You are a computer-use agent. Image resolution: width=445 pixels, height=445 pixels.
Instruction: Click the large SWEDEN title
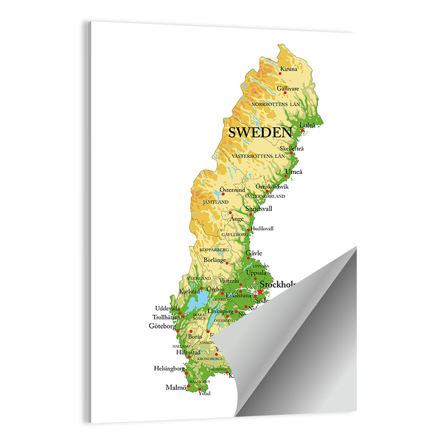[x=260, y=132]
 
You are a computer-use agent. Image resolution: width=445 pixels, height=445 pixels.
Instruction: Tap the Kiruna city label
[x=288, y=69]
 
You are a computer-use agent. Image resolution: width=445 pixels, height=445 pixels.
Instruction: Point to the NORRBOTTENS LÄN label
[x=276, y=104]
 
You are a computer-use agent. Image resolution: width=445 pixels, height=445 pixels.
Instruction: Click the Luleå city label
[x=307, y=125]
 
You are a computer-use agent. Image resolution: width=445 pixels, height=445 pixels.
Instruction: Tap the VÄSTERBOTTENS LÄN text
[x=258, y=156]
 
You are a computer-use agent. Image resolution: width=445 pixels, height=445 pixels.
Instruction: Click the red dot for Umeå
[x=286, y=176]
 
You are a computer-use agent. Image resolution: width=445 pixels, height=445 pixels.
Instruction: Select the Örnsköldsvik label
[x=272, y=186]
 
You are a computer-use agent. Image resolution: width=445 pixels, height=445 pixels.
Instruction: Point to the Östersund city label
[x=232, y=190]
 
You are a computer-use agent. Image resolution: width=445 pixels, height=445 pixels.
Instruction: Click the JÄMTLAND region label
[x=215, y=202]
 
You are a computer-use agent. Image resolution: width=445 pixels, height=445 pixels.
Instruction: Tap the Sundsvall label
[x=259, y=208]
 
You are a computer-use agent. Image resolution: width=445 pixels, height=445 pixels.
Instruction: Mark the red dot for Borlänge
[x=227, y=263]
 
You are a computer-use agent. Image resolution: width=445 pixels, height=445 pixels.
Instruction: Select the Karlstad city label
[x=189, y=291]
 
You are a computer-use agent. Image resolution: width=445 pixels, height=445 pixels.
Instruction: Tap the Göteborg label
[x=162, y=326]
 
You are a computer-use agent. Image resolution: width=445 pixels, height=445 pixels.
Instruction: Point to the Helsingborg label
[x=169, y=368]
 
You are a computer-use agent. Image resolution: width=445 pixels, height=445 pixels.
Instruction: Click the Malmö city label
[x=175, y=387]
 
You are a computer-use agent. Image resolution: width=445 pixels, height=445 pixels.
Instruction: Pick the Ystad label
[x=204, y=393]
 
